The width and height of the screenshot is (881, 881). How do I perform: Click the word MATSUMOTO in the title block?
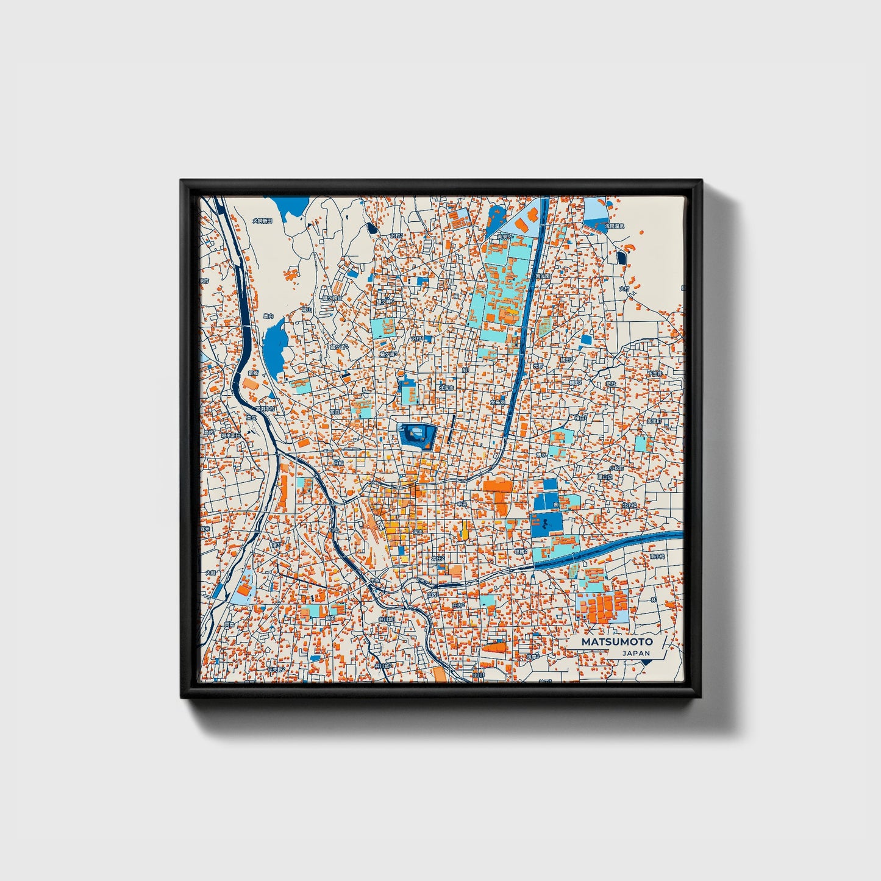coord(616,641)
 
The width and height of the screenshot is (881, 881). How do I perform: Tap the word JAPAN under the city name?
coord(636,653)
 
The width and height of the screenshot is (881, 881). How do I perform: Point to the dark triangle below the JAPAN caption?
coord(646,662)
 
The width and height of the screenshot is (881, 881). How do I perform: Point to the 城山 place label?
coord(307,310)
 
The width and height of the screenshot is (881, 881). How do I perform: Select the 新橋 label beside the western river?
coord(253,373)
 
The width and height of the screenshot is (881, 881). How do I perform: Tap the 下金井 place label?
coord(654,374)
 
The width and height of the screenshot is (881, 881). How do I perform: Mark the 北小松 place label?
coord(629,505)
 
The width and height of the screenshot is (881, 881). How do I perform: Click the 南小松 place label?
coord(656,556)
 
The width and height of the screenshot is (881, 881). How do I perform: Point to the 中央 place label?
coord(463,504)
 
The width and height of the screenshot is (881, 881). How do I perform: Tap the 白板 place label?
coord(338,463)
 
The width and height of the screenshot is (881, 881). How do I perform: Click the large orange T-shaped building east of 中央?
coord(499,491)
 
